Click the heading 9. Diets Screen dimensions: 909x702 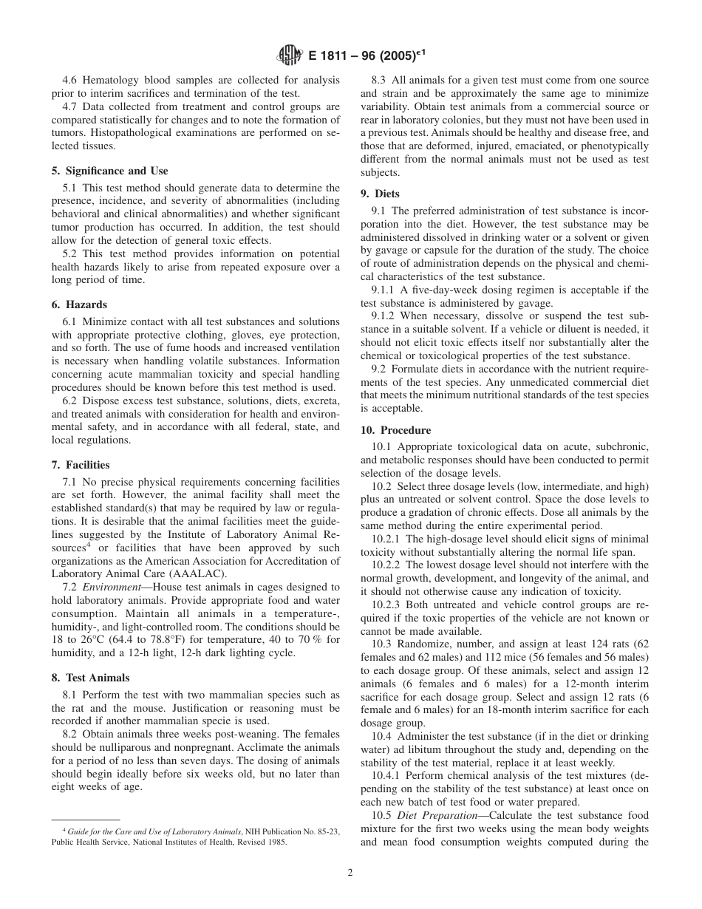pos(380,194)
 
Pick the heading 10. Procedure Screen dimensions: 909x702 pos(395,430)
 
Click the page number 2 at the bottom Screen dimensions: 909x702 pos(350,872)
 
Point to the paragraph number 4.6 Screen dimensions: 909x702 pos(71,80)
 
